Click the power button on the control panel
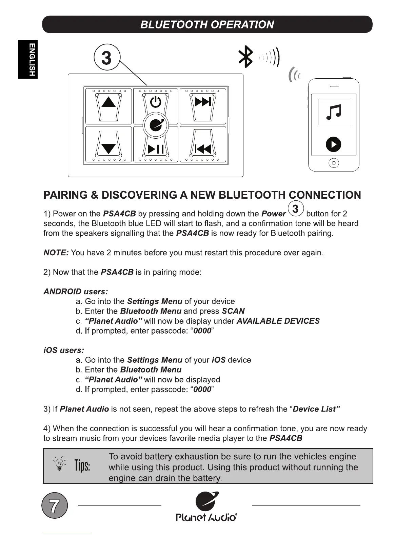156,102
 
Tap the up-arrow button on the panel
108,102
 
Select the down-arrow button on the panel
108,148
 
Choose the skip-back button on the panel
203,148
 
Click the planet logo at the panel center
156,125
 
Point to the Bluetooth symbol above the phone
246,57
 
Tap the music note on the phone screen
334,112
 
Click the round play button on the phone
333,144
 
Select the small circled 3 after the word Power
296,209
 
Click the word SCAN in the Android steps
233,311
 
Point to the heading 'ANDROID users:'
76,292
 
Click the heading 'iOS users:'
64,350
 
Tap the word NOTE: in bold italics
56,253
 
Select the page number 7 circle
55,505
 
